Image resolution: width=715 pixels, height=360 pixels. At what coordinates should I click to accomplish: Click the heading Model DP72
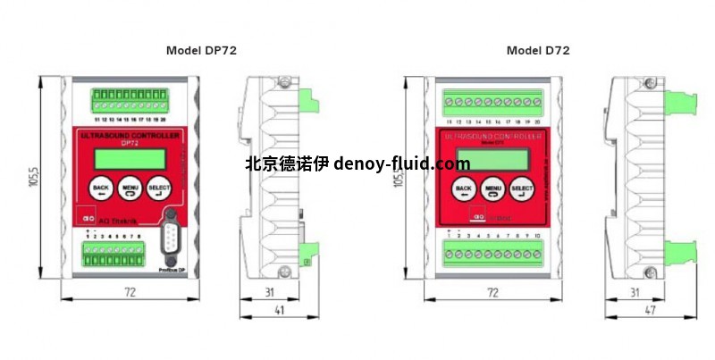202,51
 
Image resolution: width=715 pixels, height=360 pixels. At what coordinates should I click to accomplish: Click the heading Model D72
538,51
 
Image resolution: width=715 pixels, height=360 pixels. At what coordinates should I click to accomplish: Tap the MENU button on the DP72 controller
130,189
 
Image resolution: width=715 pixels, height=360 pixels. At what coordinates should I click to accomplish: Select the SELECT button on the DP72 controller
159,189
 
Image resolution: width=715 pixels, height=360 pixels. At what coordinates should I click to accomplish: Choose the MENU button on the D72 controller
492,188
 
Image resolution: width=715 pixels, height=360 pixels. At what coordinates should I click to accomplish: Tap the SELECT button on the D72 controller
521,188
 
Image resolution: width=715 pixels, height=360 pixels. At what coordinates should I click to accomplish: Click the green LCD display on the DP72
119,157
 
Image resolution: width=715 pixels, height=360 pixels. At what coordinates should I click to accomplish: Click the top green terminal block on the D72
492,100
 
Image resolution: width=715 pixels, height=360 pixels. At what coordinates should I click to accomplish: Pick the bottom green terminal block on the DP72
114,252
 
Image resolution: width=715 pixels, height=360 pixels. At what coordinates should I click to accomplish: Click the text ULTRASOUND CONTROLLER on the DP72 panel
129,134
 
